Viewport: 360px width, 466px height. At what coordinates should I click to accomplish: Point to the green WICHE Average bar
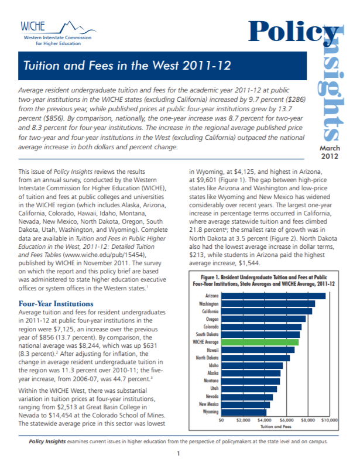tap(260, 341)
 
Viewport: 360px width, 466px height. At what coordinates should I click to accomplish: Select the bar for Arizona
tap(273, 296)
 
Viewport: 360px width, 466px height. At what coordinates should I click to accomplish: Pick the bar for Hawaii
tap(259, 349)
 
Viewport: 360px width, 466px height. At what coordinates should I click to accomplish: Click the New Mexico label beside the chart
tap(209, 404)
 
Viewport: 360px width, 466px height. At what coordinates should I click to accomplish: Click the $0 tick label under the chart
tap(221, 420)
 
